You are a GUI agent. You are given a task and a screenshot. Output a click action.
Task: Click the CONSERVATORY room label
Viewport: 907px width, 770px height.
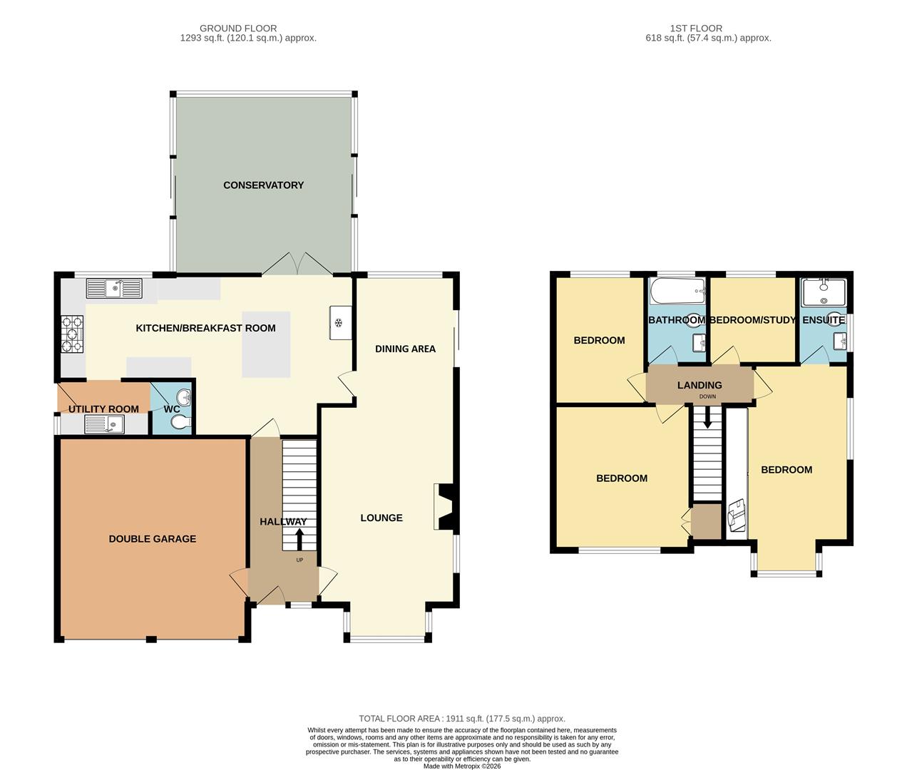tap(263, 185)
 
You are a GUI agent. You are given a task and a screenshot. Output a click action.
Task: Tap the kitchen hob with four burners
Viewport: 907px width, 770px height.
tap(72, 334)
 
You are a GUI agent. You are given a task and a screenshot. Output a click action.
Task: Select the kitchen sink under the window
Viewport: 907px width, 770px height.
tap(114, 288)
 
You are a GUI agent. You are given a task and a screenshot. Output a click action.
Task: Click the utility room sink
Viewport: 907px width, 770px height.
tap(104, 423)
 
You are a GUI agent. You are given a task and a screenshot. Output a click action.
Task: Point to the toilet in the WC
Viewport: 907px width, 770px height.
tap(180, 423)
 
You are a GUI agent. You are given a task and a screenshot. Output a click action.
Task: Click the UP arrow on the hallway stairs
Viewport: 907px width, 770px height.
tap(299, 539)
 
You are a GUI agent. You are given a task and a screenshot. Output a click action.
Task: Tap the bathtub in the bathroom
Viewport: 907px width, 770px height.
tap(677, 291)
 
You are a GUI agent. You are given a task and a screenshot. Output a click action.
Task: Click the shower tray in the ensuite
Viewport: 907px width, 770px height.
tap(824, 292)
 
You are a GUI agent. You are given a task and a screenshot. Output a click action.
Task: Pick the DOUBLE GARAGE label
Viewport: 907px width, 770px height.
tap(153, 539)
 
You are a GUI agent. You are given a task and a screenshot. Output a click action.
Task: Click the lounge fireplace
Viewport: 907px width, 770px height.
tap(446, 507)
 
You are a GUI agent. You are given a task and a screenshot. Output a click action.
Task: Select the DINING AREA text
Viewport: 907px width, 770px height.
tap(405, 349)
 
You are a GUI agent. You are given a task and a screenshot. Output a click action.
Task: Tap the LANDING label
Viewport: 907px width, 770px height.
tap(700, 385)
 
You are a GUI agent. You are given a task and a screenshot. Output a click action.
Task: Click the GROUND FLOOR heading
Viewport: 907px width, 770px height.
tap(238, 28)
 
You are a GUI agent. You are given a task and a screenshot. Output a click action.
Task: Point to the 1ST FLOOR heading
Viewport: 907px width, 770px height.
tap(696, 28)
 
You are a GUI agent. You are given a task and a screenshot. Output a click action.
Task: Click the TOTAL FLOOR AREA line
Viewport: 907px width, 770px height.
tap(462, 719)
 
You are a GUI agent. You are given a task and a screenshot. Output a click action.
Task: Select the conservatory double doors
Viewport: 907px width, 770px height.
tap(297, 264)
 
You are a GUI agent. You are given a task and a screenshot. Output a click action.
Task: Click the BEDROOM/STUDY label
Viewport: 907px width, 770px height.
tap(752, 320)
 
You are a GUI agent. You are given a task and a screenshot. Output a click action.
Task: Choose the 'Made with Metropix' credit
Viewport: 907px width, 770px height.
tap(461, 766)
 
